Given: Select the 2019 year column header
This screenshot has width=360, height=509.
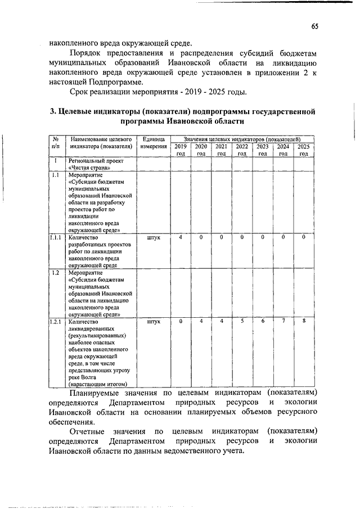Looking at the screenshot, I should [181, 150].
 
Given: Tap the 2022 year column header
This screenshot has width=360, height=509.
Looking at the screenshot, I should [242, 150].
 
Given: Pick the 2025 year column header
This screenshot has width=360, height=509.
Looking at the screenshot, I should [304, 150].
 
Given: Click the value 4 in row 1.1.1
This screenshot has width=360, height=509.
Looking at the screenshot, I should [181, 237].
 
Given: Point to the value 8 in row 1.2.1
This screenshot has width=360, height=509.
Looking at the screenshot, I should [304, 321].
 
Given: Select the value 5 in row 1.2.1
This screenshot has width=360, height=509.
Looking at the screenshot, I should [242, 321].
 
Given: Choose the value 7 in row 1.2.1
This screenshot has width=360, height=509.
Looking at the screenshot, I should [283, 321].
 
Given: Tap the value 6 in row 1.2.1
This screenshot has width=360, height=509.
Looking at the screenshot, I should [263, 321].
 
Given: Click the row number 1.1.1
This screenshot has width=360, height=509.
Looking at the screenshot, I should [56, 237].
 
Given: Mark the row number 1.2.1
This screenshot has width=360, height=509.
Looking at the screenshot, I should [56, 322].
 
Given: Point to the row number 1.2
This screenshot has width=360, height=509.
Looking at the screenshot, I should [55, 273].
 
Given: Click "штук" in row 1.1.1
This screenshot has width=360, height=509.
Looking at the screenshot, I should [153, 237].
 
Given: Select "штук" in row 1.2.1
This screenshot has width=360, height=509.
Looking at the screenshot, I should [153, 322].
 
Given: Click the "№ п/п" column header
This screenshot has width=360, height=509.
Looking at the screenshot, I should [56, 142].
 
